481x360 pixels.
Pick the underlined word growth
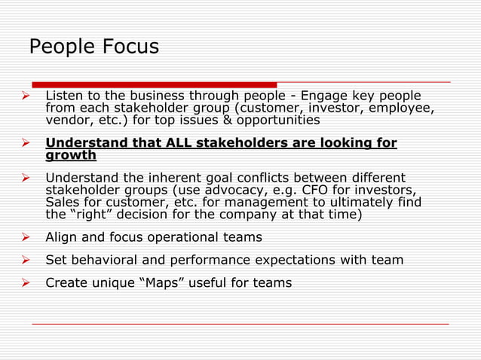click(71, 156)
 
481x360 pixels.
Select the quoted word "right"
click(93, 215)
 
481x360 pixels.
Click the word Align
click(61, 237)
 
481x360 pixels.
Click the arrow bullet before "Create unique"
click(24, 284)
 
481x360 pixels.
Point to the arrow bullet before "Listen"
click(24, 96)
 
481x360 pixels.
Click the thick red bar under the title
click(155, 84)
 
